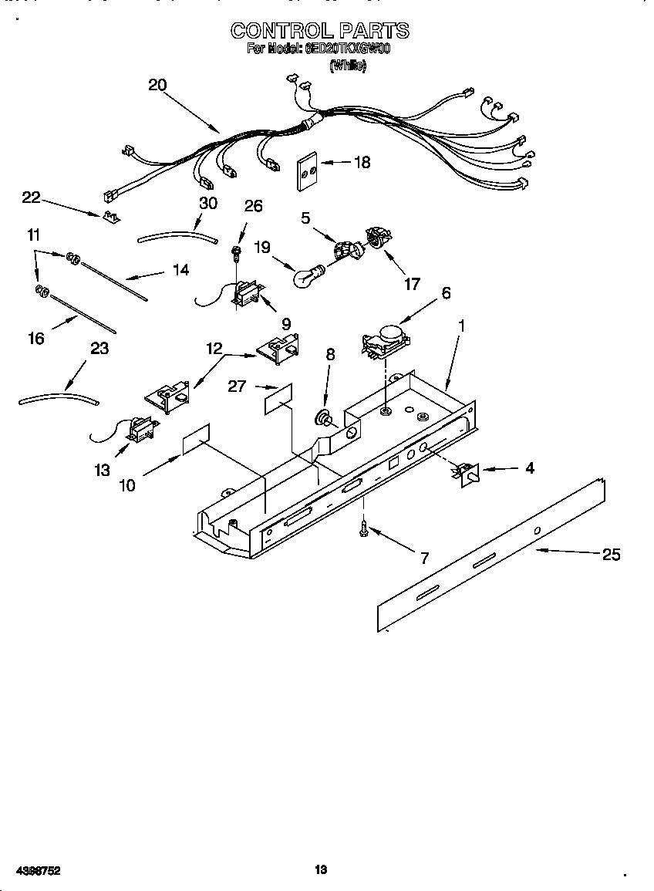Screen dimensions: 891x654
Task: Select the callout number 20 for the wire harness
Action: click(157, 86)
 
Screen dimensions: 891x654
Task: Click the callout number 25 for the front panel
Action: click(610, 554)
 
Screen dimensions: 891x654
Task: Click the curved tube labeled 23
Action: click(58, 399)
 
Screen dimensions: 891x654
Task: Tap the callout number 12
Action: click(214, 348)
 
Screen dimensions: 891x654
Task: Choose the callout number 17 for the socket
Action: click(413, 285)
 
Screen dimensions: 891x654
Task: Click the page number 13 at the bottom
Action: click(321, 869)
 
